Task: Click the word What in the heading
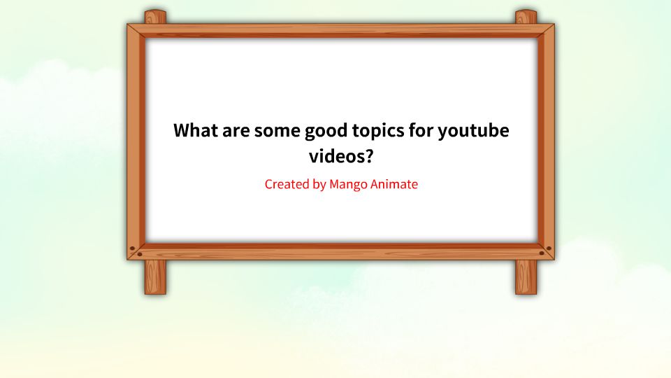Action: point(195,131)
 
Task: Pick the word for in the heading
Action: point(421,131)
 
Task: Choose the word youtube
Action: point(475,131)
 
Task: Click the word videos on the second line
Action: point(335,156)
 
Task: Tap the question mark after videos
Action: point(369,156)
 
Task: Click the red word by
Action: point(319,185)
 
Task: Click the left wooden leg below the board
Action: point(155,277)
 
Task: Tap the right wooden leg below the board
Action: point(526,277)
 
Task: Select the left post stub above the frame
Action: point(155,17)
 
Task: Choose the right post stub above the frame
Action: point(526,17)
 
